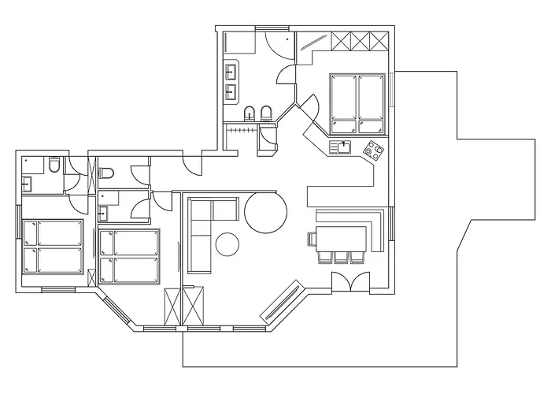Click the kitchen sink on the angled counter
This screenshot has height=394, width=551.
pos(343,146)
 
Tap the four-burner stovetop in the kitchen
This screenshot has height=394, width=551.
pos(373,149)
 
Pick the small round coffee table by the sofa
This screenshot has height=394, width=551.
pos(228,244)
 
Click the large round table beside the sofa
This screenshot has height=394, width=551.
pos(265,211)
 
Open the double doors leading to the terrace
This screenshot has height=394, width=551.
pos(349,281)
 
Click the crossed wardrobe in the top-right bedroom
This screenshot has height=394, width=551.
pos(359,39)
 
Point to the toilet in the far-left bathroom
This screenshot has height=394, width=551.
pos(53,165)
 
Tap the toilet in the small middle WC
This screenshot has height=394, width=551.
pos(108,171)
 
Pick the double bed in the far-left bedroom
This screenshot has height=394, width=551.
pos(54,246)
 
